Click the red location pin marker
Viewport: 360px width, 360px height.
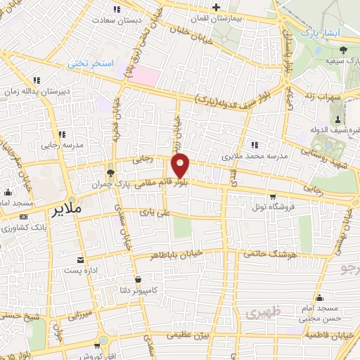click(x=181, y=165)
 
